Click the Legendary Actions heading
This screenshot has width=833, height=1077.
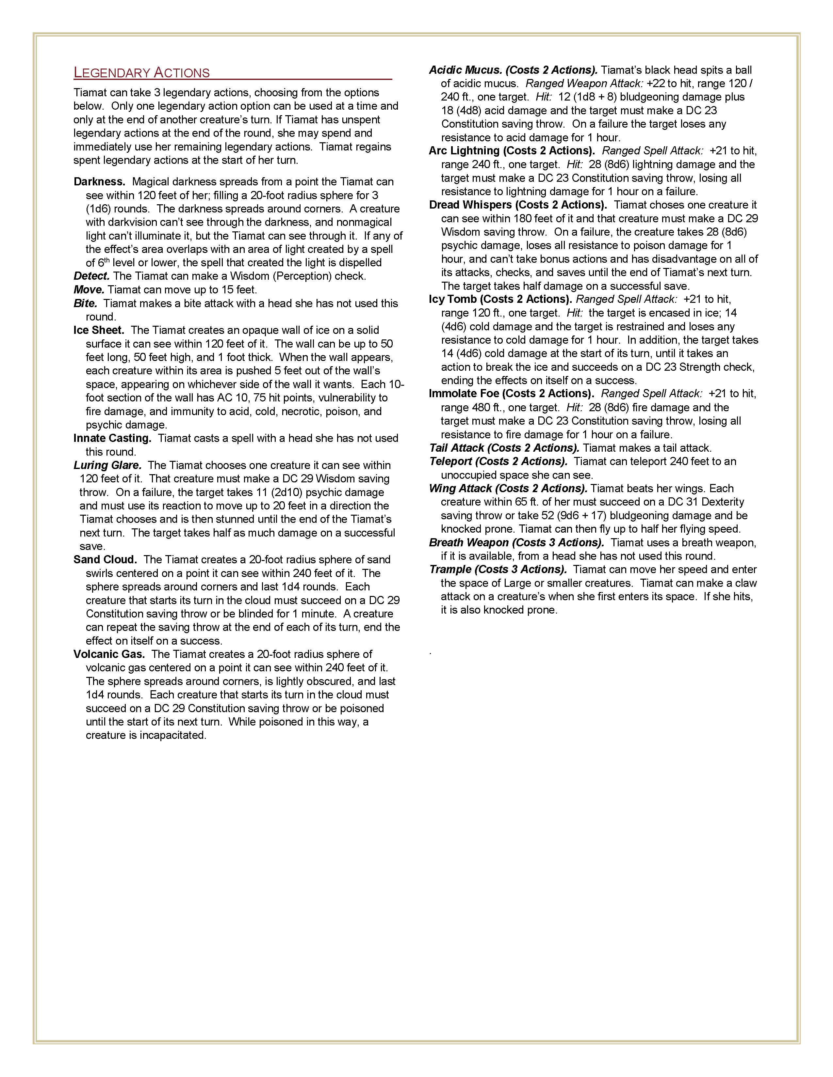click(x=142, y=73)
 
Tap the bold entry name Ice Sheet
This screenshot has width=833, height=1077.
click(x=99, y=330)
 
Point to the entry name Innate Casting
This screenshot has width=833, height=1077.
click(x=112, y=438)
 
